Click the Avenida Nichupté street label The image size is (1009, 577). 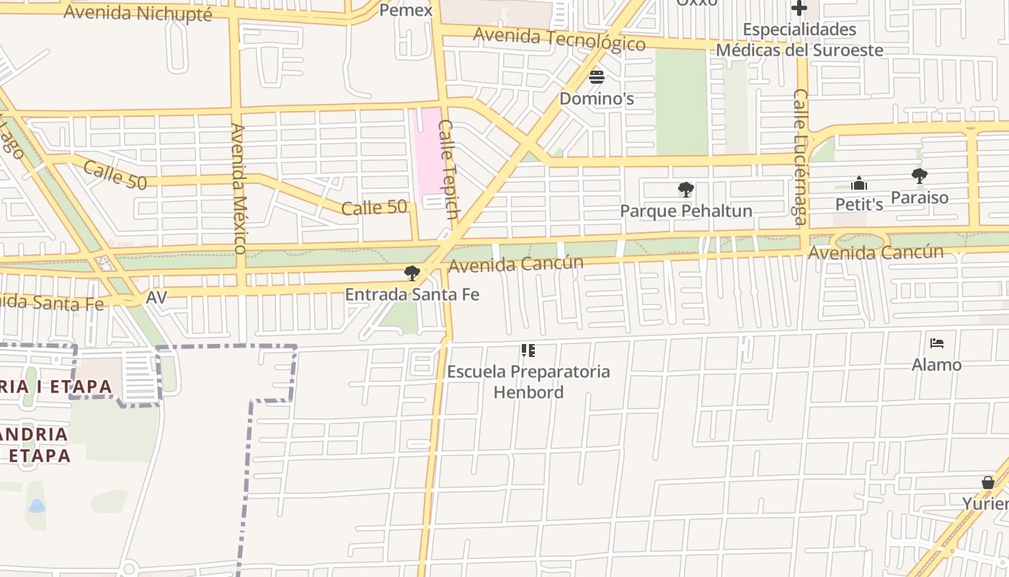[x=138, y=13]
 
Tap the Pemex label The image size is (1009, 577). [x=406, y=10]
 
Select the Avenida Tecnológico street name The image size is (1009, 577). [x=559, y=38]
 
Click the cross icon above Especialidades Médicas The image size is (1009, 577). [x=799, y=9]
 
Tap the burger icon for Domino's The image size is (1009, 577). [x=597, y=77]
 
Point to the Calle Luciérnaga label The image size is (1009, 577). [x=800, y=157]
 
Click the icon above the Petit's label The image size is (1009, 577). [x=858, y=183]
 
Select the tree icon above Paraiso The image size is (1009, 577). [x=919, y=175]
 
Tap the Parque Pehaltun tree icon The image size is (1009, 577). [x=686, y=190]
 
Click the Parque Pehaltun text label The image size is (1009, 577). [x=686, y=211]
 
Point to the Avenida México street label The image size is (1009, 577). [x=239, y=188]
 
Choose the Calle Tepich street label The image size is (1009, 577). [x=448, y=169]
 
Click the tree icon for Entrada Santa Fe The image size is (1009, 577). [x=412, y=273]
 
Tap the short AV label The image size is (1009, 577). [x=156, y=297]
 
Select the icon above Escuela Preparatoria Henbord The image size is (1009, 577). [x=528, y=351]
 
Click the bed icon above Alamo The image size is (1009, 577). [x=936, y=343]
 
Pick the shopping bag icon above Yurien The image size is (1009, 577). [x=988, y=482]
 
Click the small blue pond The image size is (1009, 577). [x=37, y=506]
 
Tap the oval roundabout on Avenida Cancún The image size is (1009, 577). [x=859, y=242]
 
